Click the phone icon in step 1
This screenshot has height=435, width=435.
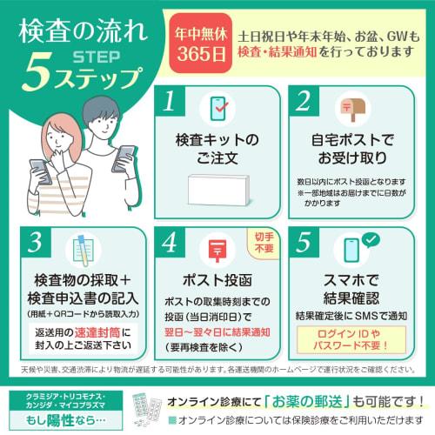tap(217, 107)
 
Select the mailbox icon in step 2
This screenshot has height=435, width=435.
tap(351, 107)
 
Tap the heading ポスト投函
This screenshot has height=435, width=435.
tap(217, 281)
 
